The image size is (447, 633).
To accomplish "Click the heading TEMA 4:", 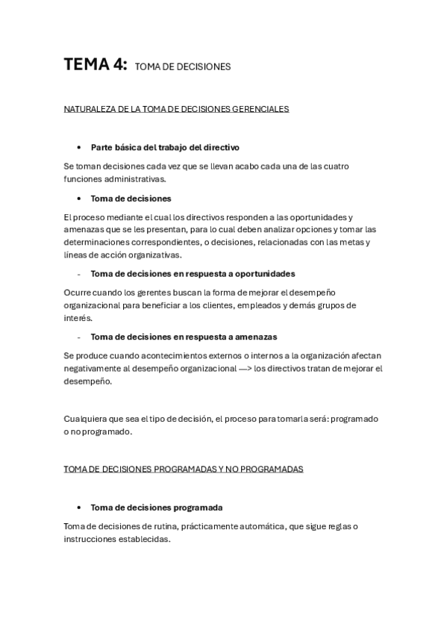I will pyautogui.click(x=95, y=65).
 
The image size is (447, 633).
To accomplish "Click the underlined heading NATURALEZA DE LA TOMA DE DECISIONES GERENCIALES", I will pyautogui.click(x=176, y=109).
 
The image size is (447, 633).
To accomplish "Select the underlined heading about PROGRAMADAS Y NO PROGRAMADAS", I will pyautogui.click(x=184, y=470).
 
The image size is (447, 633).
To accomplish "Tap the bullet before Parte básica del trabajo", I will pyautogui.click(x=78, y=148).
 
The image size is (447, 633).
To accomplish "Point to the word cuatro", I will pyautogui.click(x=337, y=166).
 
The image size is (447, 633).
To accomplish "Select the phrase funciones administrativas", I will pyautogui.click(x=115, y=179).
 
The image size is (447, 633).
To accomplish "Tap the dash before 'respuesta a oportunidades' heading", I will pyautogui.click(x=78, y=274).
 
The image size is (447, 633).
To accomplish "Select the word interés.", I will pyautogui.click(x=78, y=318).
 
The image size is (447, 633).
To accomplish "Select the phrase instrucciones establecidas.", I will pyautogui.click(x=117, y=539).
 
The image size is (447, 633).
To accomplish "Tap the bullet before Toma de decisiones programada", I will pyautogui.click(x=78, y=508).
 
